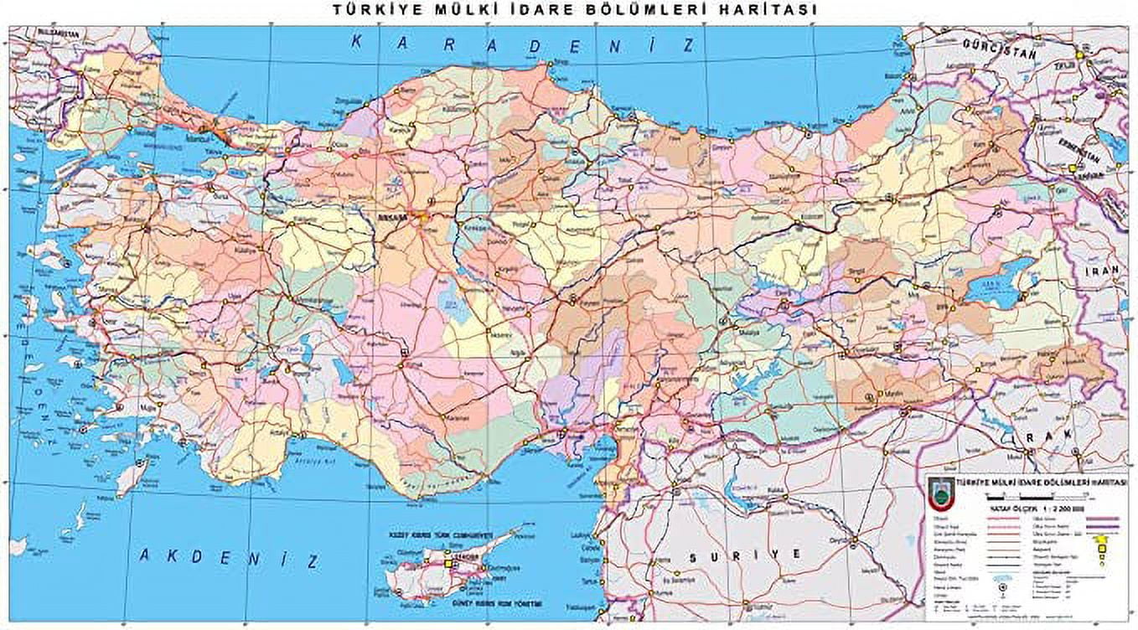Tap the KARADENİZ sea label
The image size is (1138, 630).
[x=523, y=44]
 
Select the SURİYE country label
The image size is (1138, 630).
[x=742, y=555]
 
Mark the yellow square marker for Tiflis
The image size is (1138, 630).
[x=1080, y=54]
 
